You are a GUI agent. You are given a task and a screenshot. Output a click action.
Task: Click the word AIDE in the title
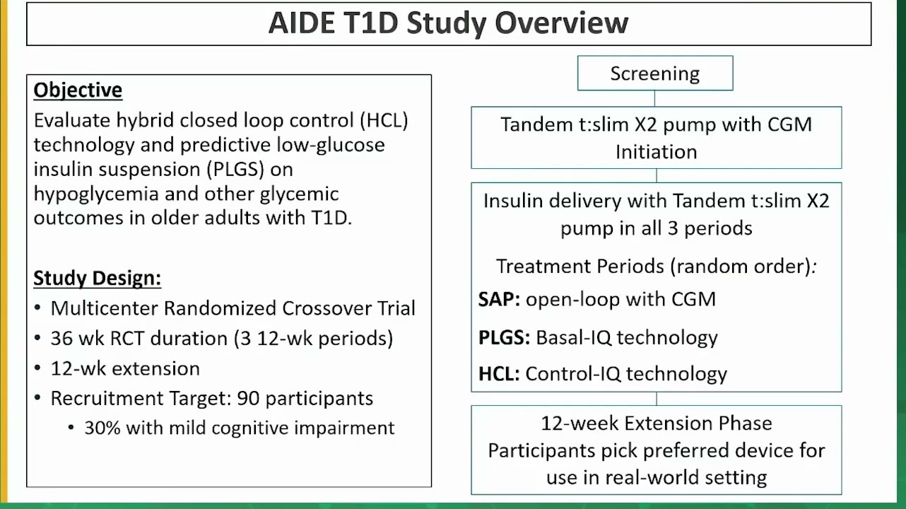click(x=302, y=23)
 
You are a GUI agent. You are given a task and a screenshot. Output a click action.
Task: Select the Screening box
click(x=655, y=74)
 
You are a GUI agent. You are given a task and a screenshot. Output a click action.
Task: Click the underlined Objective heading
click(x=78, y=90)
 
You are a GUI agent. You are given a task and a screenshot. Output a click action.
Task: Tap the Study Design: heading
click(x=97, y=279)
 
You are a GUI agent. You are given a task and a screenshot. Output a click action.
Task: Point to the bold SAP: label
click(x=499, y=300)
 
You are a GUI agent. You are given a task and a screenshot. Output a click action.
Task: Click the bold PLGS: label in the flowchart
click(x=504, y=337)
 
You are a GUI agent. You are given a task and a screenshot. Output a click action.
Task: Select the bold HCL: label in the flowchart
click(x=499, y=374)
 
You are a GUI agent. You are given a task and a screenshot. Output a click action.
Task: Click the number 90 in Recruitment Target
click(x=248, y=399)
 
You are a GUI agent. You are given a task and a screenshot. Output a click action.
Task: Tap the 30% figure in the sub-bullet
click(x=102, y=428)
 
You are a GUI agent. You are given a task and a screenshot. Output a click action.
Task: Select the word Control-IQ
click(x=572, y=374)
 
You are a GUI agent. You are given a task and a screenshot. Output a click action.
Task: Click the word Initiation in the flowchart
click(x=656, y=152)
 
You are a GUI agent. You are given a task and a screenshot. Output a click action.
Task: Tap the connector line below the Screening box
click(x=655, y=98)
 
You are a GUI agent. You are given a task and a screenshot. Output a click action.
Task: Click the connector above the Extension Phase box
click(x=657, y=399)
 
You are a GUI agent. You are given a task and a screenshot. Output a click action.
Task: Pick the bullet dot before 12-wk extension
click(x=37, y=368)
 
